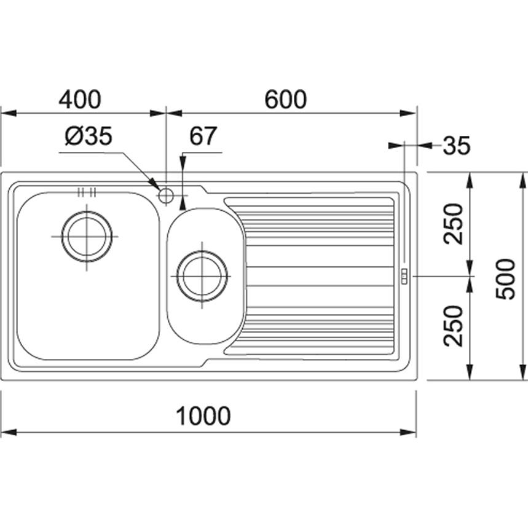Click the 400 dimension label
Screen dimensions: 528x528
(79, 99)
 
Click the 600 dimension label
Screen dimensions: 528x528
(285, 99)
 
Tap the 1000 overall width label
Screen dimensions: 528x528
(203, 416)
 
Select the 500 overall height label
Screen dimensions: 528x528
(505, 278)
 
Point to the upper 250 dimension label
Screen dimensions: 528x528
(454, 224)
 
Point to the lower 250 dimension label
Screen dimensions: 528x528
(454, 326)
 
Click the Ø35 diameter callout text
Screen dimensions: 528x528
(89, 136)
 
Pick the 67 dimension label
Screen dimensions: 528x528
(203, 136)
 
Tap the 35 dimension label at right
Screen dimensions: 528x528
(457, 146)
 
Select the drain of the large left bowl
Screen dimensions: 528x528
(87, 236)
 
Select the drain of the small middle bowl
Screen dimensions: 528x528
(202, 276)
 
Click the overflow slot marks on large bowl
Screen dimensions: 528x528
(87, 191)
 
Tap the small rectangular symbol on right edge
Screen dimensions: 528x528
(404, 277)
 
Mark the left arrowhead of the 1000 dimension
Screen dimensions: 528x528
(7, 433)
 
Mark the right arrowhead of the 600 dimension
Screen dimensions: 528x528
(410, 113)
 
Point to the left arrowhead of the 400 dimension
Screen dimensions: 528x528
(7, 113)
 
